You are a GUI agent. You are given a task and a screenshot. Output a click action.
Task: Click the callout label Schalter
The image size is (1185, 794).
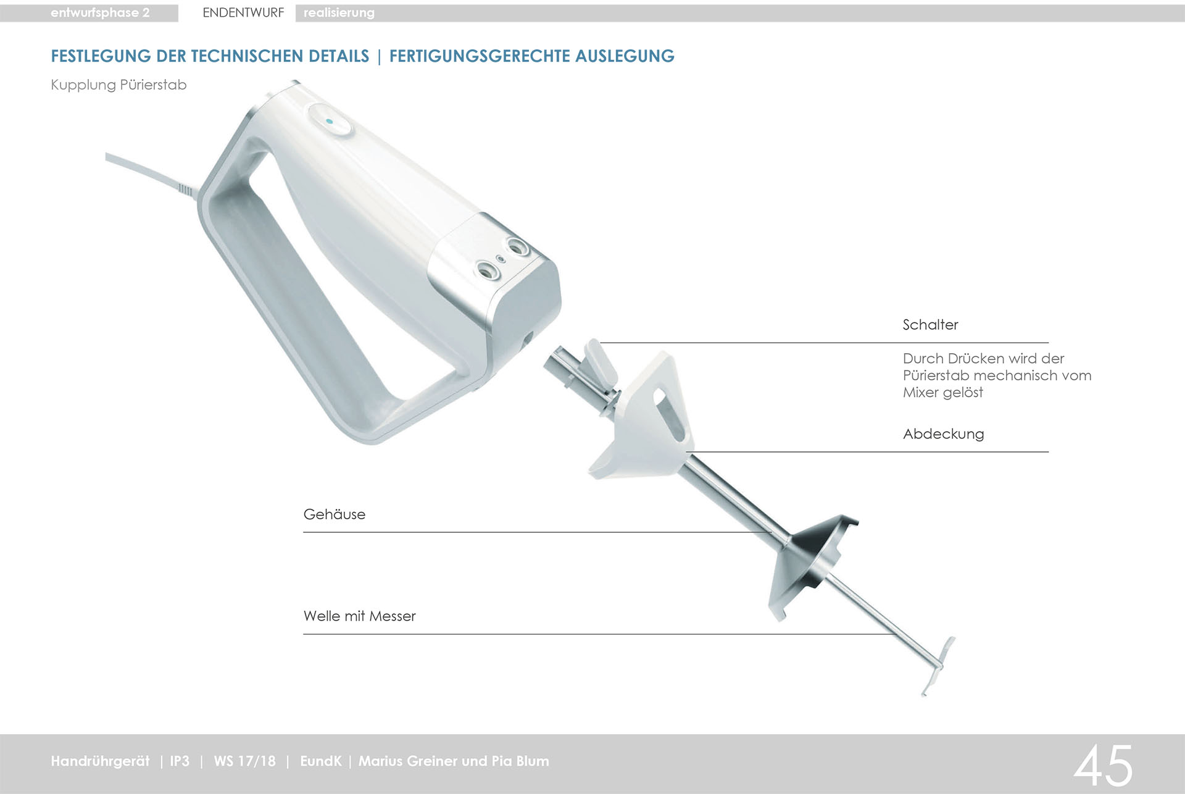point(930,325)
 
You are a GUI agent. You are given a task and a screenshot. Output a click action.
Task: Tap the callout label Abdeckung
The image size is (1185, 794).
point(943,434)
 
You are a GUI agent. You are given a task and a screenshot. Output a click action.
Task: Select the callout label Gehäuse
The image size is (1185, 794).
point(334,514)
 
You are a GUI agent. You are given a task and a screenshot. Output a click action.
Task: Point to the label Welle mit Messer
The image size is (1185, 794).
point(359,616)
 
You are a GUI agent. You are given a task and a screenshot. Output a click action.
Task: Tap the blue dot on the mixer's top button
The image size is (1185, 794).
point(330,122)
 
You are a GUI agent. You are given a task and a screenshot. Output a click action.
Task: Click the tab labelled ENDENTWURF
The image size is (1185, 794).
point(243,13)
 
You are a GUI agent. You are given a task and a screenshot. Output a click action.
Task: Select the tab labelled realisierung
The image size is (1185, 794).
point(339,13)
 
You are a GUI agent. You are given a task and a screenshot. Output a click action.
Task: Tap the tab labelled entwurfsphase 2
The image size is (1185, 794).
point(100,13)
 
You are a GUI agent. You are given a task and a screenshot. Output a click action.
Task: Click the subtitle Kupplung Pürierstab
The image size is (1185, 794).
point(118,85)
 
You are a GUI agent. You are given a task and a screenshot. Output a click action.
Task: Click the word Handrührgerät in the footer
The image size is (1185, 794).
point(100,761)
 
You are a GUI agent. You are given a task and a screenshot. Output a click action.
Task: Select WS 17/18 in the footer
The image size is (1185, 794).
point(244,761)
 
